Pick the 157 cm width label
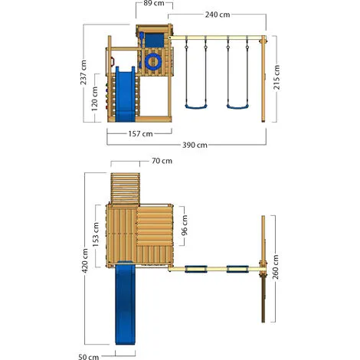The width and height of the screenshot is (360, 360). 140,133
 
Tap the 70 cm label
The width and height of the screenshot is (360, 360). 161,162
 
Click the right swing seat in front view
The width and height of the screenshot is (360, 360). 237,106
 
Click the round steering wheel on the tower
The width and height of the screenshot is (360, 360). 152,59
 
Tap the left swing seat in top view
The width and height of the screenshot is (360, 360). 198,269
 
